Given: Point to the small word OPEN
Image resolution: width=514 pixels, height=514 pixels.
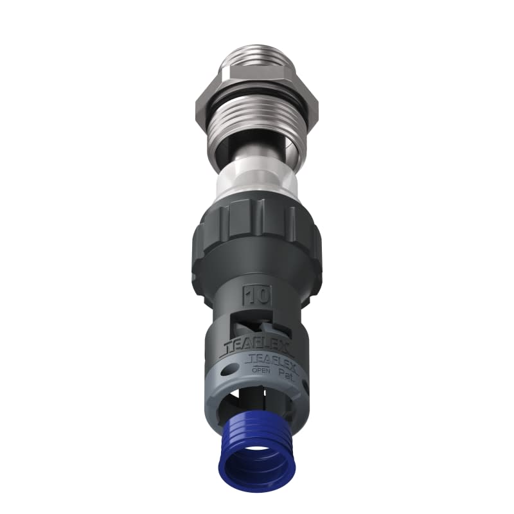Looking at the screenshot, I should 261,371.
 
